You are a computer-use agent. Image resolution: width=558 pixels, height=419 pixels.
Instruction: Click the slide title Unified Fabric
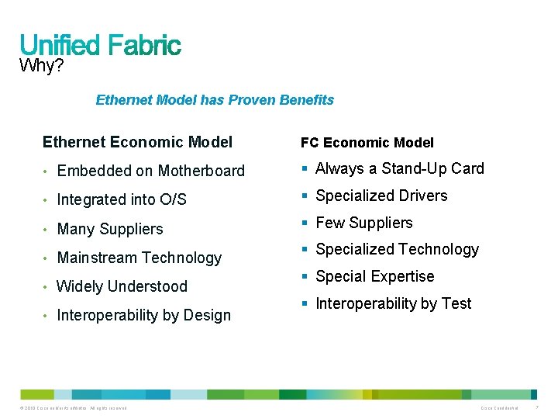tap(100, 44)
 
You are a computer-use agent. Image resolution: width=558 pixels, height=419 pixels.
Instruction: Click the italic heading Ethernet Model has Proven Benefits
tap(215, 100)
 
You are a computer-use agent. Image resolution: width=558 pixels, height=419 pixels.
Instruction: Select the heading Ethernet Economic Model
tap(137, 142)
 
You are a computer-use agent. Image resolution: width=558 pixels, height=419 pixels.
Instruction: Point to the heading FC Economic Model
tap(367, 143)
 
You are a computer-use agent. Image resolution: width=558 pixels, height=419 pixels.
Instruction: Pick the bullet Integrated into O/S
tap(122, 199)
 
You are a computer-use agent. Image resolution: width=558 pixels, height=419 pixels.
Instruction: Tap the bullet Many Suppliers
tap(110, 229)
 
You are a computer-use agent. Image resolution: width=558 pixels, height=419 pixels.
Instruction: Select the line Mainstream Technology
tap(139, 258)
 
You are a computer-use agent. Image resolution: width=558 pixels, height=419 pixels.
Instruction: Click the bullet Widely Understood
tap(122, 286)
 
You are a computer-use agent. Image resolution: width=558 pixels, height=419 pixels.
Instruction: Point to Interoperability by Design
tap(144, 315)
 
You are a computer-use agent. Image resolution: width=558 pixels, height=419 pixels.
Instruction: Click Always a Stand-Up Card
tap(400, 168)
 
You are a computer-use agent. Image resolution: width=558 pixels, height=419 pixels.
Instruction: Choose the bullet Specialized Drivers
tap(381, 196)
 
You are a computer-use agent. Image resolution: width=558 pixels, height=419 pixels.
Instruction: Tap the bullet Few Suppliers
tap(364, 223)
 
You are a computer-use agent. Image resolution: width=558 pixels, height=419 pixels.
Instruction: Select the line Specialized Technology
tap(398, 249)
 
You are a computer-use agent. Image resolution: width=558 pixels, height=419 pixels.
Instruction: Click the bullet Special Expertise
tap(375, 276)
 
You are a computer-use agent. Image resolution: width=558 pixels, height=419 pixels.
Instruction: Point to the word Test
tap(456, 303)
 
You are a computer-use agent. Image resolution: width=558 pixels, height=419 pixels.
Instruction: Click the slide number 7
tap(539, 408)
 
